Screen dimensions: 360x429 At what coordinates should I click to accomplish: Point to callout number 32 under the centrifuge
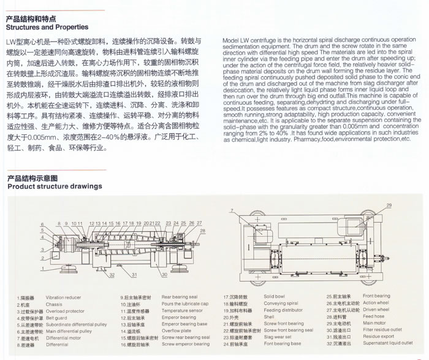tap(112, 276)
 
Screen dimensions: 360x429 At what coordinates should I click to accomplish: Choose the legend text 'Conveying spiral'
tap(279, 304)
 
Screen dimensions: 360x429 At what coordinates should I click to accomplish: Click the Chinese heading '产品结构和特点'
tap(31, 19)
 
